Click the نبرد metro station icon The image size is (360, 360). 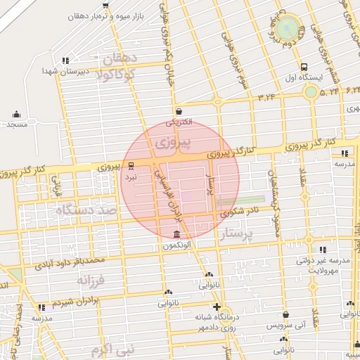click(131, 166)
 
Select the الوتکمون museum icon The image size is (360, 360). click(175, 234)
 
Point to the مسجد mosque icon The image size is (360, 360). click(15, 113)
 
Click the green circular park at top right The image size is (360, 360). click(286, 29)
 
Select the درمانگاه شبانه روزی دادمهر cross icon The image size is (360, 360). click(217, 307)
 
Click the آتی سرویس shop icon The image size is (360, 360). click(285, 315)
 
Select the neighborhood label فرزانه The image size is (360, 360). click(91, 280)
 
